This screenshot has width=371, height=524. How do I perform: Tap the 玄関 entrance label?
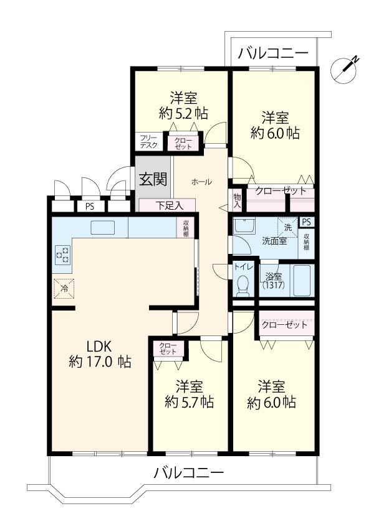click(152, 180)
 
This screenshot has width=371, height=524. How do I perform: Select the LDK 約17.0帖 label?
click(100, 353)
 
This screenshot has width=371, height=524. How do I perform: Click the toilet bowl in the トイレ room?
click(243, 286)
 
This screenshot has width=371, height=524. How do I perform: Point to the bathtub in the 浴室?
click(302, 281)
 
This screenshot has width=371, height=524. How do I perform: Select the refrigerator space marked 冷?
click(64, 288)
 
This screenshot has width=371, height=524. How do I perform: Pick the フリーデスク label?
click(148, 141)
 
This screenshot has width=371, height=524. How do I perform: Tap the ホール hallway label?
click(201, 182)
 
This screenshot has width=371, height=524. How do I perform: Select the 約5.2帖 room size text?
click(183, 113)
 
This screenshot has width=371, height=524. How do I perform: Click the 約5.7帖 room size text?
click(190, 401)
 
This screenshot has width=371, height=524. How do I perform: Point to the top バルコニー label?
click(274, 54)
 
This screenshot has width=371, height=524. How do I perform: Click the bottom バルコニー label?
click(188, 473)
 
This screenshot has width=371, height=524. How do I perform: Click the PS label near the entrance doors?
click(90, 207)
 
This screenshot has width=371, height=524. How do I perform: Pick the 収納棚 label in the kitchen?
click(185, 228)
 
